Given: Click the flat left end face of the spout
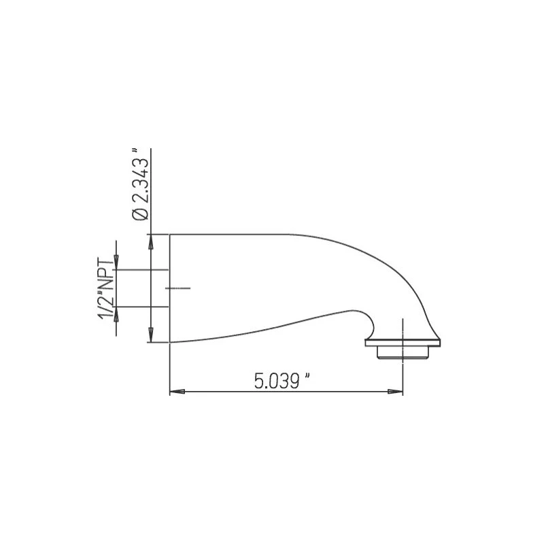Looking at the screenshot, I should point(169,288).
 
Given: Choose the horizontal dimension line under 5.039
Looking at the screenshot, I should point(286,391).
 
